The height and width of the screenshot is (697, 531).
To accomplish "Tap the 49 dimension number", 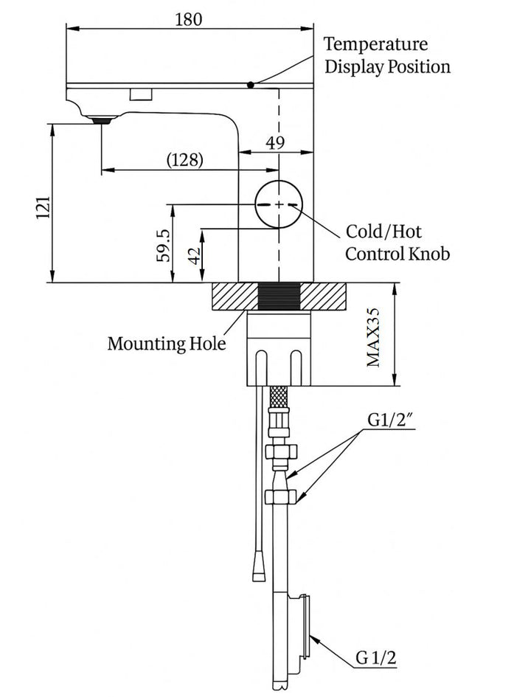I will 275,143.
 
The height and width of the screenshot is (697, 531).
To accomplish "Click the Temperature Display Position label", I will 387,55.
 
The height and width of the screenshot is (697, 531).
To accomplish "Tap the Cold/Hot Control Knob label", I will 397,243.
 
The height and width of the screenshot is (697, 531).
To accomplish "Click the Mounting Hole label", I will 166,343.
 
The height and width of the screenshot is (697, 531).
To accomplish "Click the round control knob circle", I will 279,204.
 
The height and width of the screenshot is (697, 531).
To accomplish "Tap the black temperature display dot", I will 251,85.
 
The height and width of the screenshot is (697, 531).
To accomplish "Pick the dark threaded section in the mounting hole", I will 280,297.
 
